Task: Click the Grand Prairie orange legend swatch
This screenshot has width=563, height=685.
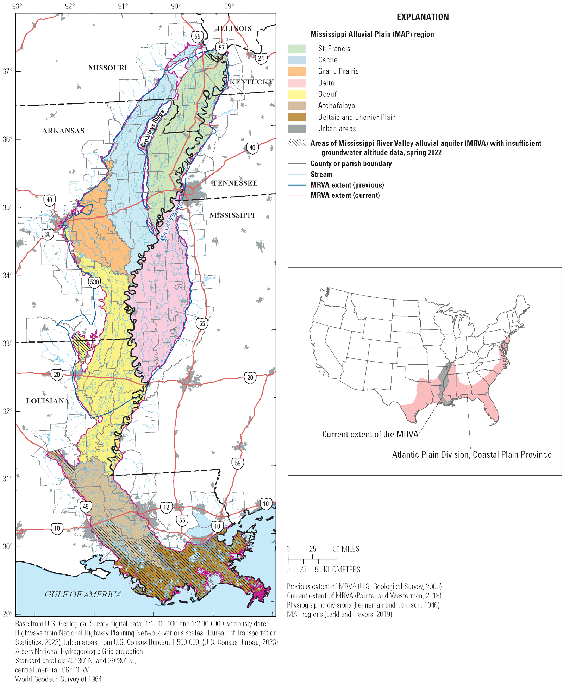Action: (297, 71)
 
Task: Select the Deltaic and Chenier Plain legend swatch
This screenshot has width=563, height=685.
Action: (297, 117)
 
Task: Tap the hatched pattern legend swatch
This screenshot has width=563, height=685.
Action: (297, 143)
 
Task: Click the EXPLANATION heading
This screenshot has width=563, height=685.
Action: (423, 17)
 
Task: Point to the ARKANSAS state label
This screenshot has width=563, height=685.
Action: (63, 131)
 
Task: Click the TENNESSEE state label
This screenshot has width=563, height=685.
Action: (235, 183)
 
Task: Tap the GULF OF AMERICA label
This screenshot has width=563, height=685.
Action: (83, 595)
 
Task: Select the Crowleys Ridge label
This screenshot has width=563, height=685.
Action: (152, 129)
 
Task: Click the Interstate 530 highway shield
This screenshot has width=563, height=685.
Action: (94, 282)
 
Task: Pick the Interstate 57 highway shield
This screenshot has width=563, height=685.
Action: (221, 48)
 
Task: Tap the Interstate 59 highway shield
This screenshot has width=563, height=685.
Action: (238, 463)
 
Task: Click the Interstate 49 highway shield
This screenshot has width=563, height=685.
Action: (86, 507)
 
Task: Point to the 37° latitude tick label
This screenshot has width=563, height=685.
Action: (8, 71)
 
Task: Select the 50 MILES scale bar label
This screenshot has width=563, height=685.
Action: (346, 549)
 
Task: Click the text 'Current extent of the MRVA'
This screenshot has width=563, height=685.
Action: (370, 434)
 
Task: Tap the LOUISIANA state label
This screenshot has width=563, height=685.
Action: (48, 401)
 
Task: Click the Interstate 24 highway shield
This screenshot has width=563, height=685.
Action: (261, 58)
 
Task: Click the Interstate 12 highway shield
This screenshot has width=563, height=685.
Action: (166, 507)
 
